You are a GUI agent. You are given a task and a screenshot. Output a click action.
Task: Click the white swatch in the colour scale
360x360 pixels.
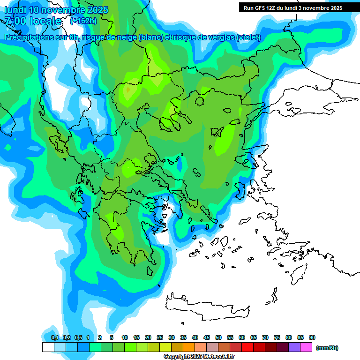coord(48,347)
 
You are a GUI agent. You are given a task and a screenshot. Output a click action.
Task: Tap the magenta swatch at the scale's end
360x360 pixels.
coord(306,347)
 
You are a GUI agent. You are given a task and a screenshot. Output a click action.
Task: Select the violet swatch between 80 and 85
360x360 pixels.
coord(294,347)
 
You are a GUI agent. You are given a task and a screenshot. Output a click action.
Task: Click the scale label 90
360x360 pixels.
coord(312,337)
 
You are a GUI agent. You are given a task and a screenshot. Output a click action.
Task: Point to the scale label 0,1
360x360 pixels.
coord(55,337)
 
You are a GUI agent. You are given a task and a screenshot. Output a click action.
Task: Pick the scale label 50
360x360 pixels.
coord(218,337)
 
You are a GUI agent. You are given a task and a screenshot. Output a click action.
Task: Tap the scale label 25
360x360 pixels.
coord(160,337)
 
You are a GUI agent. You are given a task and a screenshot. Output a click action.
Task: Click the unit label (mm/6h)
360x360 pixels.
coord(327,348)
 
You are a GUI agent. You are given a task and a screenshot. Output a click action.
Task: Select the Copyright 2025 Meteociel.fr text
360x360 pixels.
coord(199,357)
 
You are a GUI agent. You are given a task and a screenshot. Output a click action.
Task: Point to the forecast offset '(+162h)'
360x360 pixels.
coord(83,21)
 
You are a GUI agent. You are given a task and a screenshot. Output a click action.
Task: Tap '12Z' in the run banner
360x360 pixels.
coord(273,8)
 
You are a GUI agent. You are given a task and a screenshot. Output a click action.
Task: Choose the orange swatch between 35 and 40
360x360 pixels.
coord(189,347)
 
